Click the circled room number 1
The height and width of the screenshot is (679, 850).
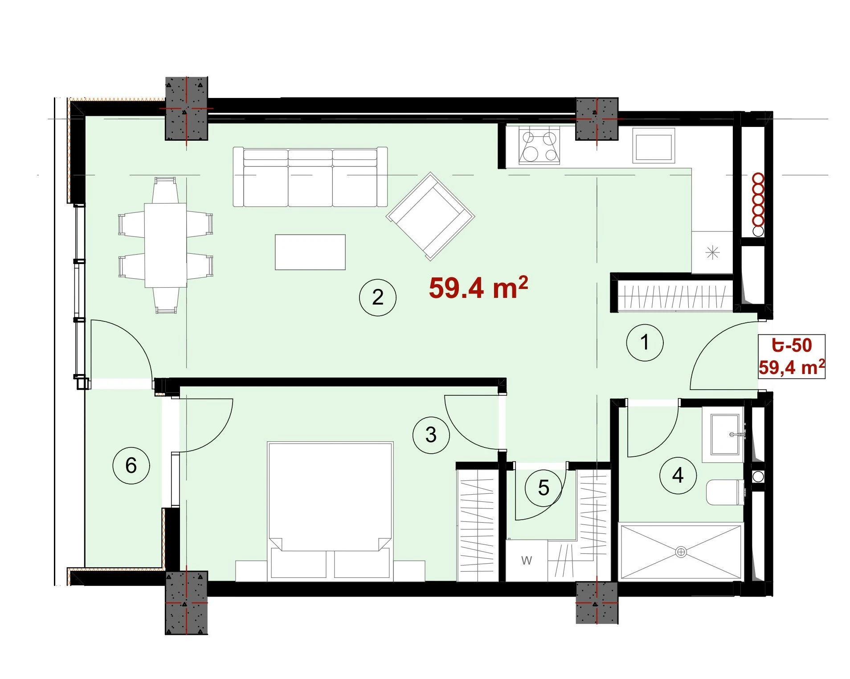click(x=644, y=342)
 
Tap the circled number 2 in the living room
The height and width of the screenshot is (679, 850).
click(x=377, y=297)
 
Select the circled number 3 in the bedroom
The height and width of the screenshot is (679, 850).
click(x=431, y=435)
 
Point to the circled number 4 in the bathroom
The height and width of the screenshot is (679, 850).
click(x=678, y=476)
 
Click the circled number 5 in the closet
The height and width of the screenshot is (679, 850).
click(x=544, y=488)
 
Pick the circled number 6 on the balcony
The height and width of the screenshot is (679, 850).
click(x=131, y=466)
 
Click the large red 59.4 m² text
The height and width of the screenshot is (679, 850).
click(x=478, y=288)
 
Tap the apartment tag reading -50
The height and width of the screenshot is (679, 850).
click(x=792, y=346)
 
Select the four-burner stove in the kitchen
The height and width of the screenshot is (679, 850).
click(x=539, y=145)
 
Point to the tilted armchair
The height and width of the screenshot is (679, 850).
click(x=430, y=216)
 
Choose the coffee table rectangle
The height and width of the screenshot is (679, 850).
click(x=310, y=252)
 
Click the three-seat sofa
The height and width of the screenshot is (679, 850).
click(x=310, y=177)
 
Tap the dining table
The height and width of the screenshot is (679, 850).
click(x=165, y=245)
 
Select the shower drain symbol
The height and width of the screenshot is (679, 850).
click(x=681, y=552)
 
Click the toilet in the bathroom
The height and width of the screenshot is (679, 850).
click(x=725, y=492)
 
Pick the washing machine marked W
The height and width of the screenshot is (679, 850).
click(x=527, y=561)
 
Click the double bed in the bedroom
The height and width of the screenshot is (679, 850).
click(x=330, y=511)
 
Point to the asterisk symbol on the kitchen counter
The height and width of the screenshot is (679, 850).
click(x=713, y=253)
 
